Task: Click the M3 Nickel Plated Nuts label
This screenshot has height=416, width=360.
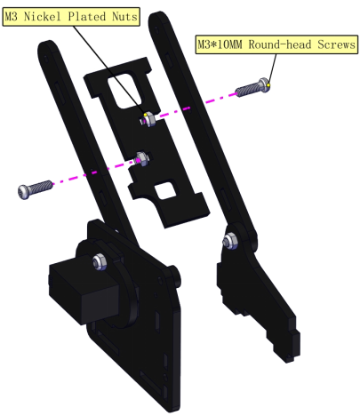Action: click(71, 17)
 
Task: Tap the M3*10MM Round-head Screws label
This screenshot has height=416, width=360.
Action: click(276, 44)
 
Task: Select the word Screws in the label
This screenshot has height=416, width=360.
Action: click(337, 44)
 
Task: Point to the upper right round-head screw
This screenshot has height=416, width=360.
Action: click(252, 87)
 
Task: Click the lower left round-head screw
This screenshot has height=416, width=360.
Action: click(35, 189)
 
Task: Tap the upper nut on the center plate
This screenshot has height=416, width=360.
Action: click(148, 120)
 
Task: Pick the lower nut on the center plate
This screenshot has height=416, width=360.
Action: click(141, 158)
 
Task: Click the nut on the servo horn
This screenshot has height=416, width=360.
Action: click(100, 261)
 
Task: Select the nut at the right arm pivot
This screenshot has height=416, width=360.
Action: click(230, 240)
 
